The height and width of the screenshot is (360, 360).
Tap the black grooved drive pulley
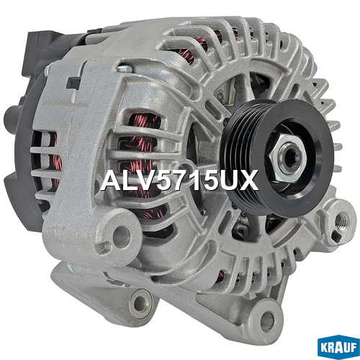coord(276,157)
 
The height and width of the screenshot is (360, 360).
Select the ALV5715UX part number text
coord(179,180)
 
